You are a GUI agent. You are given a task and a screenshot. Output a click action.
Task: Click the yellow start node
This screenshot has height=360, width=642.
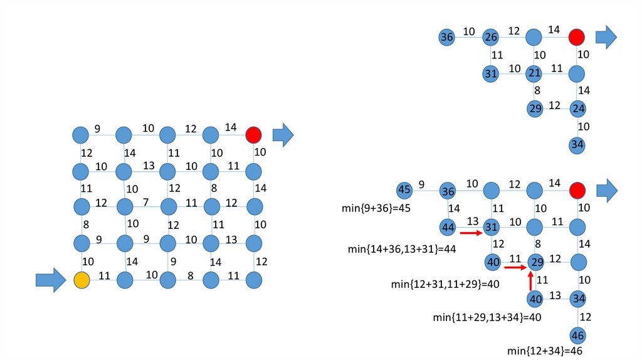coord(81,280)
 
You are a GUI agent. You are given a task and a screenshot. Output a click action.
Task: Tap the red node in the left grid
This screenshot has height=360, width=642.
coord(253,135)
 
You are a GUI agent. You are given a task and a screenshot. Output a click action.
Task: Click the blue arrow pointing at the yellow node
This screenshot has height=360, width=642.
coord(51,280)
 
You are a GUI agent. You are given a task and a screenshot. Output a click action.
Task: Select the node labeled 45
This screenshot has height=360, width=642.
coord(404,189)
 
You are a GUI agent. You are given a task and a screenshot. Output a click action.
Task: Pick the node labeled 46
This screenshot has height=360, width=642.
coord(578,334)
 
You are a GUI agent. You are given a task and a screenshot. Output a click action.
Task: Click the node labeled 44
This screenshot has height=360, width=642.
coord(448,226)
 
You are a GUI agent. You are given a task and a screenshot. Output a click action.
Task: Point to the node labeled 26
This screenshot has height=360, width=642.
coord(490,38)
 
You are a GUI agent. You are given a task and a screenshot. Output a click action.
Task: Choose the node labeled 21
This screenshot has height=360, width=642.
coord(534,74)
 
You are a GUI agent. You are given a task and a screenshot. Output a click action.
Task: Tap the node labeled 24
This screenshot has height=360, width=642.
coord(578,109)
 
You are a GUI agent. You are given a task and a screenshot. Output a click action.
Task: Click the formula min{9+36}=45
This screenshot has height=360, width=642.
coord(374,208)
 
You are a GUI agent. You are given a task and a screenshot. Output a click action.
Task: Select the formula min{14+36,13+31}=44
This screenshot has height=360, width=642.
coord(401,249)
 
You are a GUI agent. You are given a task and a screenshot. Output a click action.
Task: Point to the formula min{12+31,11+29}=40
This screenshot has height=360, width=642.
coord(445,284)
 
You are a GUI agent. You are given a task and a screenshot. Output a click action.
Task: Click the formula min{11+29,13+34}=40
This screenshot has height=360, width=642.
coord(487,317)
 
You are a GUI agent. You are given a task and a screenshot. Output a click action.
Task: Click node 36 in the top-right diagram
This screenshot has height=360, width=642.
coord(446,38)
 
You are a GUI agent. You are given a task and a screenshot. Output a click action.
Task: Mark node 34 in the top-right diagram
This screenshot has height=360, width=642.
coord(578,146)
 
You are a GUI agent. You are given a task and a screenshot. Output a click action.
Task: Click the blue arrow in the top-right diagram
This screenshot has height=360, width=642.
coord(606,37)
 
